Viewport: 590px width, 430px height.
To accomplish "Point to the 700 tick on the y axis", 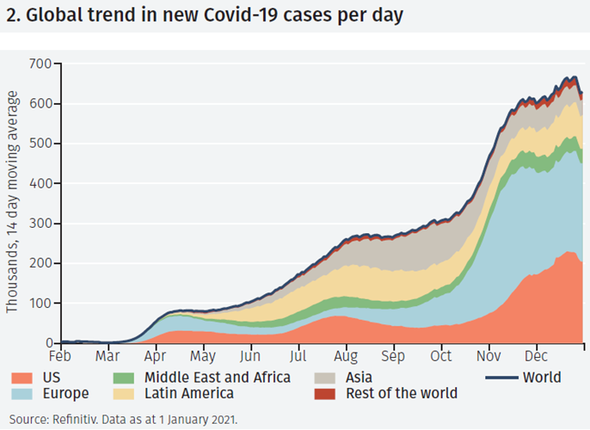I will click(x=40, y=64).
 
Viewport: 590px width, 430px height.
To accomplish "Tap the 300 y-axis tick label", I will click(x=40, y=224).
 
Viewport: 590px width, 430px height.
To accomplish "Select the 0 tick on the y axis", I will click(x=48, y=343).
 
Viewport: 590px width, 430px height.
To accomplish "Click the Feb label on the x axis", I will click(x=60, y=355).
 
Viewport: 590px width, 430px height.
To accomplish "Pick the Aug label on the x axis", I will click(x=345, y=355).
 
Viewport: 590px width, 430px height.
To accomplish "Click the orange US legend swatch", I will click(x=23, y=378).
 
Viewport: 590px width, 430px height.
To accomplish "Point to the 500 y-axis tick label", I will click(x=40, y=144).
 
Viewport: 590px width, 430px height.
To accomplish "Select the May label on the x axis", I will click(x=203, y=355).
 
